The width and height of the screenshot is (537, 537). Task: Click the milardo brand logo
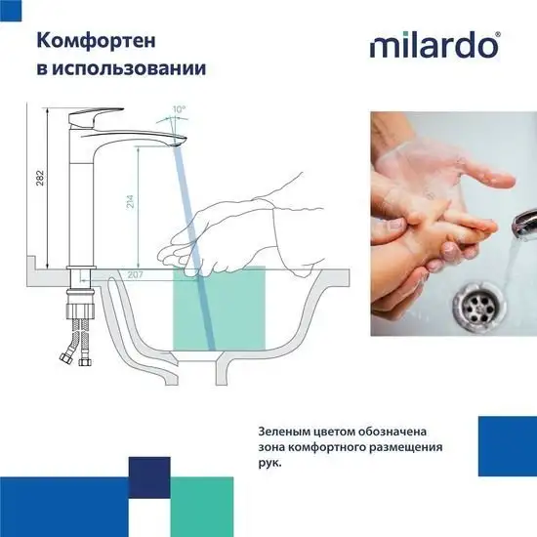click(x=435, y=45)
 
